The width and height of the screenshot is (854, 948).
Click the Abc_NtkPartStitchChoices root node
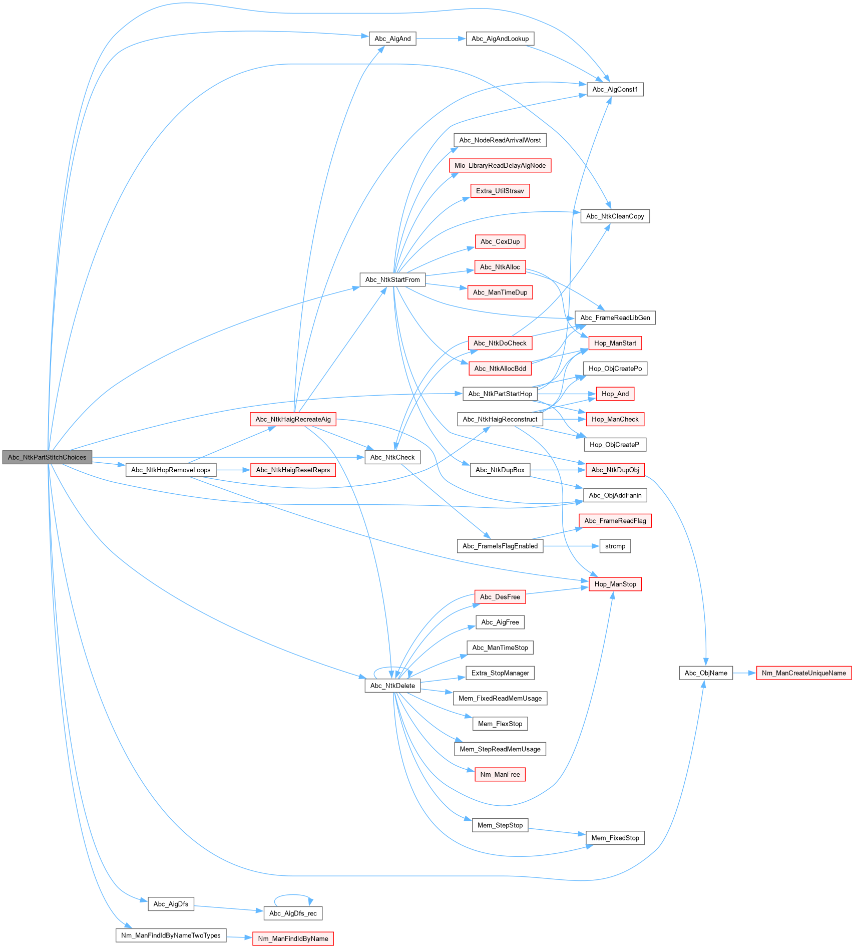pos(47,457)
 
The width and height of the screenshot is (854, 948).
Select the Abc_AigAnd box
pos(392,39)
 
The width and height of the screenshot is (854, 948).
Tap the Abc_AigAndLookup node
pos(500,39)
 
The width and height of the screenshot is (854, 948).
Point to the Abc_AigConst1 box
pos(615,90)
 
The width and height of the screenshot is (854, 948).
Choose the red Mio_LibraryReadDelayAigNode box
pos(500,166)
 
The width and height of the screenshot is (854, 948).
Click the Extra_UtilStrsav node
pos(500,191)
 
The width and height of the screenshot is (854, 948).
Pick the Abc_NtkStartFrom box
pos(392,279)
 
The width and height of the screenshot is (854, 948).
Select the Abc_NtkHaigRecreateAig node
pos(293,419)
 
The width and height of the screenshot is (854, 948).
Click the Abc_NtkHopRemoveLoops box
pos(171,470)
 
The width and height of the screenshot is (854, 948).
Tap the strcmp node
pos(615,546)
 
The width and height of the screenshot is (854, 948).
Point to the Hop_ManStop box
pos(615,584)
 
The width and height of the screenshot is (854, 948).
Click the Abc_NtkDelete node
pos(392,686)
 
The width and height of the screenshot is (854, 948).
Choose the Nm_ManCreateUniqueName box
pos(803,673)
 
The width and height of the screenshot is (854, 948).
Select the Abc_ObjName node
pos(705,673)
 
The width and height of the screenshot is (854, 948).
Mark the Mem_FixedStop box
pos(615,838)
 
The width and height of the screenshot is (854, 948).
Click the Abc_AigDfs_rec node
pos(293,913)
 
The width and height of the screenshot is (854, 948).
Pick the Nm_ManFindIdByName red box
pos(293,938)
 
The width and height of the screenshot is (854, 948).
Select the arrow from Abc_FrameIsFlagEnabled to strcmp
pos(571,546)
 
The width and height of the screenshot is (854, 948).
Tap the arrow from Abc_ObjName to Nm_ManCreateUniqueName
pos(744,673)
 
